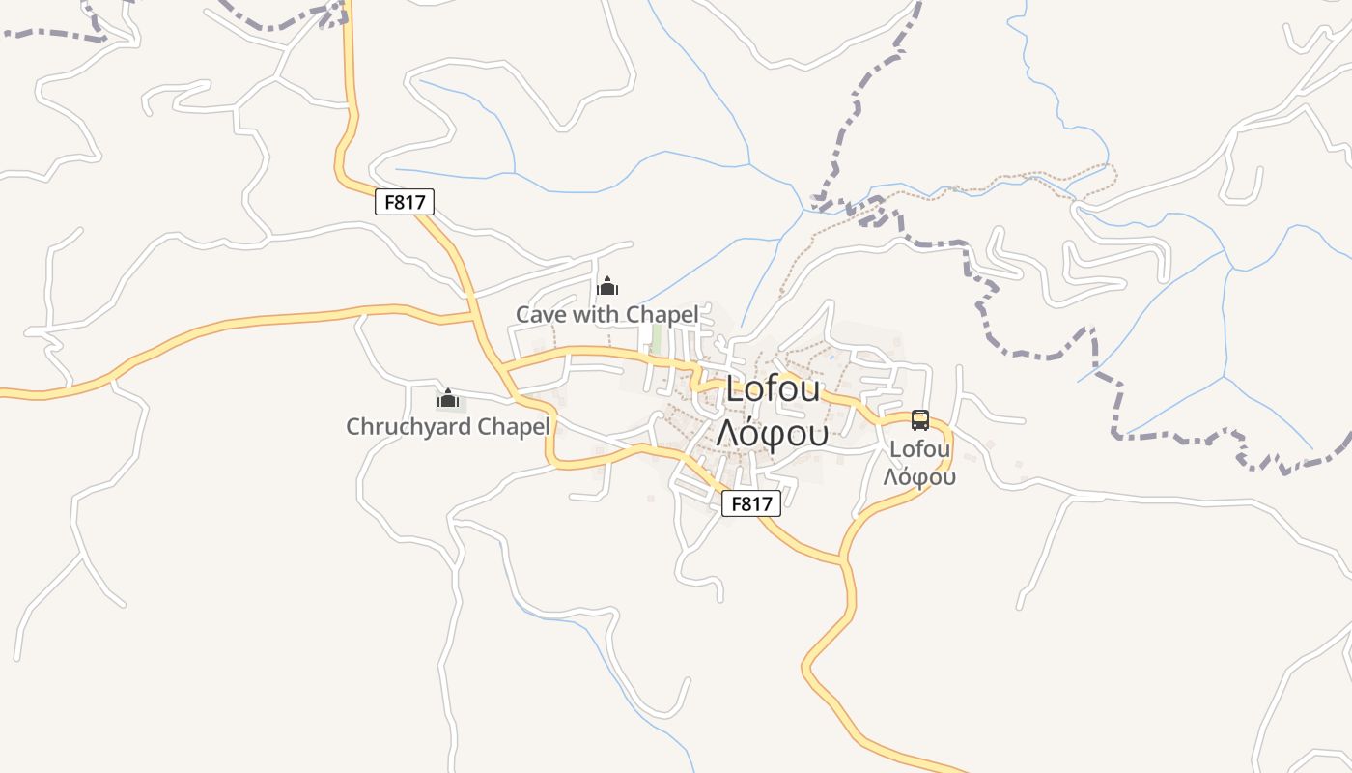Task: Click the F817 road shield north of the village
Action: tap(405, 202)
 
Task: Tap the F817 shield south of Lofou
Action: tap(751, 503)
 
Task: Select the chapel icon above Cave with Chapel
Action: tap(607, 286)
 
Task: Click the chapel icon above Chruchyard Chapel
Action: tap(447, 398)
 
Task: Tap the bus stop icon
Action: tap(920, 420)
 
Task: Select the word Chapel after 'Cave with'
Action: tap(662, 315)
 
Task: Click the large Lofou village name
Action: tap(773, 389)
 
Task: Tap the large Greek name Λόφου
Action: tap(772, 433)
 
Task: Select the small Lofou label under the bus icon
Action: tap(920, 449)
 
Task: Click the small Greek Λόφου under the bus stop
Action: tap(920, 476)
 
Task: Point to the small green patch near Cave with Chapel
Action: tap(657, 337)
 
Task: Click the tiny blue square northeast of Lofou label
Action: tap(831, 358)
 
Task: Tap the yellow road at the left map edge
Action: tap(4, 392)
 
